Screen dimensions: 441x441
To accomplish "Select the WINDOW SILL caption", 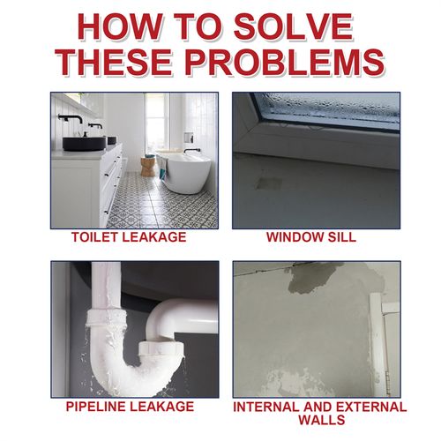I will (316, 238).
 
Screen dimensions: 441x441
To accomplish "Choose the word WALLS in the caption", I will (316, 421).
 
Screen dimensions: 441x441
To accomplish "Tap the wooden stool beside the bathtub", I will (147, 166).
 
